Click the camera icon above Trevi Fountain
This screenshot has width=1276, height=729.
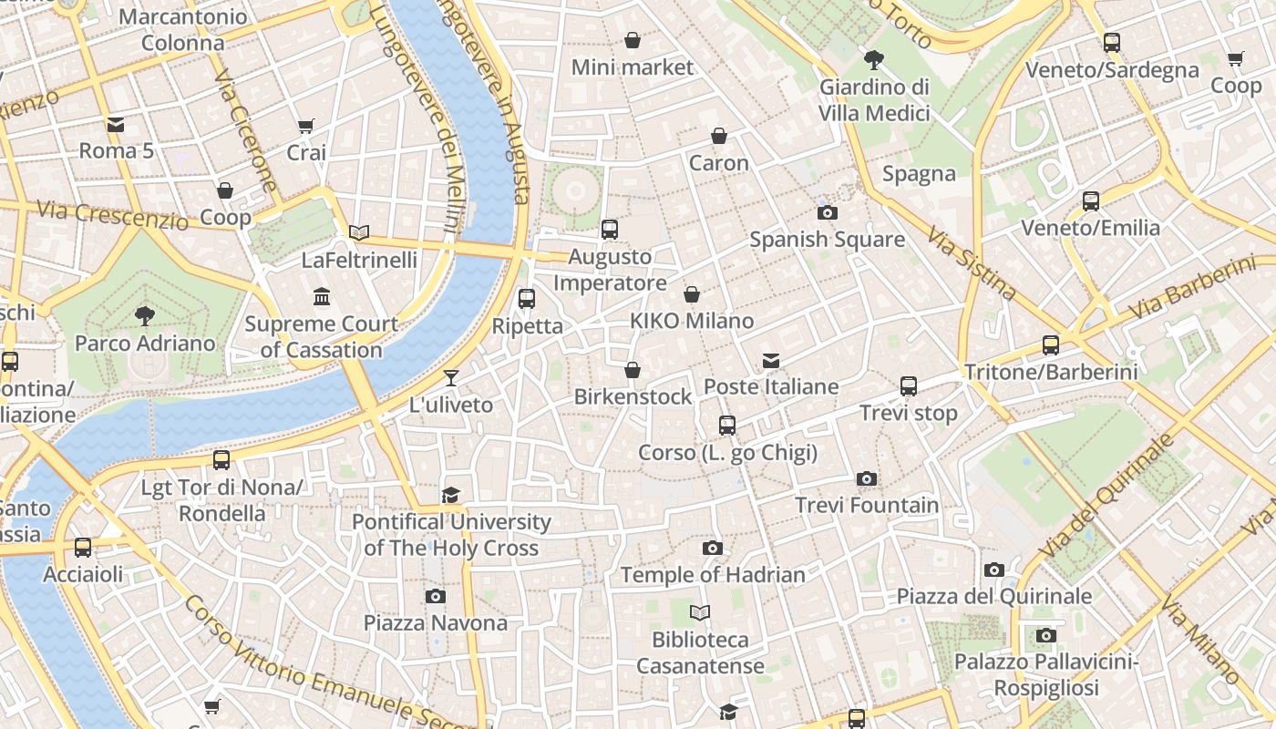click(x=867, y=479)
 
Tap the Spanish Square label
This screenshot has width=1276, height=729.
click(x=827, y=240)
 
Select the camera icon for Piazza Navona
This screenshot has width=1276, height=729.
click(x=436, y=597)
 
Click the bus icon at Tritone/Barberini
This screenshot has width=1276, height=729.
click(x=1051, y=345)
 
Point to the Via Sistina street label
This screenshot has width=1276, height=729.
click(x=972, y=263)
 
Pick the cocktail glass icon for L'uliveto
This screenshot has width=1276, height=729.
click(x=450, y=378)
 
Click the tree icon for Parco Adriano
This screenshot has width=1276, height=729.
click(x=144, y=316)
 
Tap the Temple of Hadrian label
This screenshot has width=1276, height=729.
click(x=713, y=575)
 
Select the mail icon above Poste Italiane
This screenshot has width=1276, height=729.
click(x=771, y=361)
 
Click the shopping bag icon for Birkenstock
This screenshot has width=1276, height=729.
click(x=633, y=371)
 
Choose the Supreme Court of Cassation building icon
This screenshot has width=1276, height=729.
click(x=321, y=297)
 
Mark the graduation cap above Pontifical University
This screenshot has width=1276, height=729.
click(x=450, y=495)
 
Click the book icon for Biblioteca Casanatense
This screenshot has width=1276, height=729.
click(x=700, y=613)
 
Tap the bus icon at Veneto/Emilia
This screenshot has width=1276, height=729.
click(x=1091, y=201)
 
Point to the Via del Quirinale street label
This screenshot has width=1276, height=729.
click(x=1106, y=498)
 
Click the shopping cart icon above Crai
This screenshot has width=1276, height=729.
click(x=306, y=127)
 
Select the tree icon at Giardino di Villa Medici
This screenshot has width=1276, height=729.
click(x=874, y=61)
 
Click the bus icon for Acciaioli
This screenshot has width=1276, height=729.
click(x=83, y=548)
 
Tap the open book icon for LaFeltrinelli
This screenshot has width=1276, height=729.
click(x=359, y=233)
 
